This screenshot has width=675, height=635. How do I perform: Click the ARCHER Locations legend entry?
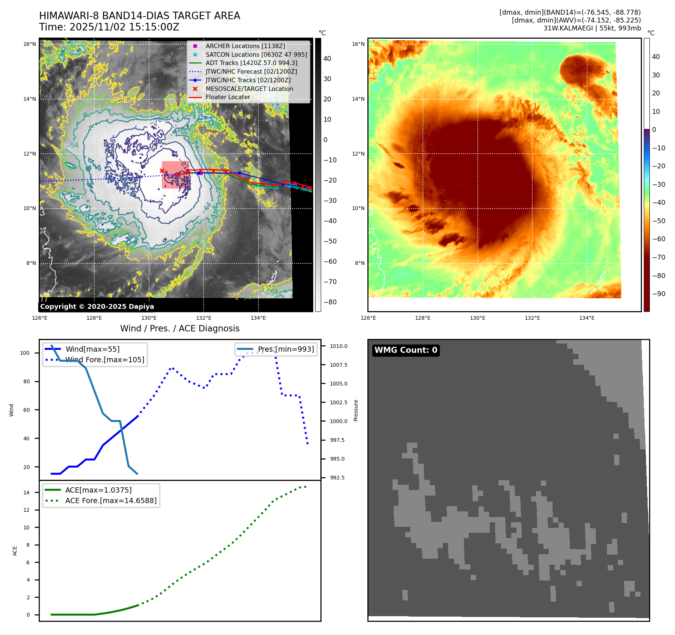[245, 46]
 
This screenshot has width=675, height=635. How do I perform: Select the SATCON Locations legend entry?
[256, 54]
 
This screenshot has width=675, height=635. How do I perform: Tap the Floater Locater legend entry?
[228, 97]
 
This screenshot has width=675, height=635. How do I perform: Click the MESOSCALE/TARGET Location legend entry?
[249, 89]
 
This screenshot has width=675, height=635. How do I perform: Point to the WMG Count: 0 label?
[406, 350]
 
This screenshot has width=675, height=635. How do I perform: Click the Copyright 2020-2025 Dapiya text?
[97, 307]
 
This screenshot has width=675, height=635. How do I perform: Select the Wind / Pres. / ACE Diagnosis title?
[180, 328]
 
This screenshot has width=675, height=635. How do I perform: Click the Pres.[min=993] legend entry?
[285, 349]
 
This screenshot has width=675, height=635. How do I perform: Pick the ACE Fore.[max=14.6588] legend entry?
[111, 500]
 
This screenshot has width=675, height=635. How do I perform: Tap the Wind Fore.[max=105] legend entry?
[105, 360]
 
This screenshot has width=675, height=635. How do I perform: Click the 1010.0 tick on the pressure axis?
[338, 346]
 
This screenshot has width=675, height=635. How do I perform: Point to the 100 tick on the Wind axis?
[25, 353]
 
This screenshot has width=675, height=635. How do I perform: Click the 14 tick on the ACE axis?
[26, 493]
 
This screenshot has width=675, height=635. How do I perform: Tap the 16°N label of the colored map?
[358, 44]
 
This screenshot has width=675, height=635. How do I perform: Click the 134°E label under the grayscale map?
[258, 318]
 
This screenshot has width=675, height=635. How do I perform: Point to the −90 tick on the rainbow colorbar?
[658, 294]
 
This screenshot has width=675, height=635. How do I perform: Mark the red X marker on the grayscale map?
[162, 171]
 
